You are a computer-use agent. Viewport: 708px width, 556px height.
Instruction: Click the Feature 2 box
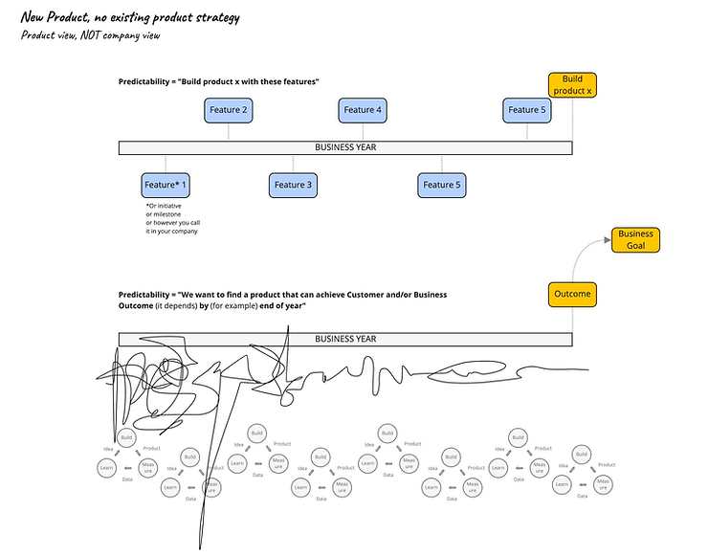pyautogui.click(x=229, y=110)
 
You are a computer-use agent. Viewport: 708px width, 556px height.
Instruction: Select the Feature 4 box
pyautogui.click(x=363, y=110)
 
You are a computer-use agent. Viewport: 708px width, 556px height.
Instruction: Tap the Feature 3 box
pyautogui.click(x=293, y=185)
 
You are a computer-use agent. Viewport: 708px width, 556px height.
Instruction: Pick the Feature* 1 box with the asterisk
pyautogui.click(x=166, y=185)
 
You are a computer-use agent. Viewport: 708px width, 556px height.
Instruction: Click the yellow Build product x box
pyautogui.click(x=572, y=84)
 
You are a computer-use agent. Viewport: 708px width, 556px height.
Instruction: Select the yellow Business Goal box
pyautogui.click(x=635, y=239)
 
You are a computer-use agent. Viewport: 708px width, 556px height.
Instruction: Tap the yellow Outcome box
pyautogui.click(x=572, y=295)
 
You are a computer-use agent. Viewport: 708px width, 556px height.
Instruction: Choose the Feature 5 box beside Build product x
pyautogui.click(x=526, y=110)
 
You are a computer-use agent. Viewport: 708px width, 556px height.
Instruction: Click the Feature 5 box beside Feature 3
pyautogui.click(x=441, y=185)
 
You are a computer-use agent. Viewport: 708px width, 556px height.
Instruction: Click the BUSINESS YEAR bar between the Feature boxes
pyautogui.click(x=345, y=147)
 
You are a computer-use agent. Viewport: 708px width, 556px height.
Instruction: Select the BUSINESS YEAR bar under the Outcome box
pyautogui.click(x=345, y=339)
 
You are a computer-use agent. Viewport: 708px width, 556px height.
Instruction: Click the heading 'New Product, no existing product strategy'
pyautogui.click(x=130, y=17)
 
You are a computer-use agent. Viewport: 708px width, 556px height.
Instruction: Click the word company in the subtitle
pyautogui.click(x=136, y=35)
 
